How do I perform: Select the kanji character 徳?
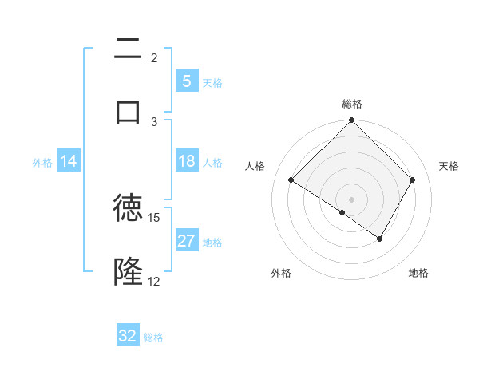pyautogui.click(x=128, y=207)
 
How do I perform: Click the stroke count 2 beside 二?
pyautogui.click(x=154, y=57)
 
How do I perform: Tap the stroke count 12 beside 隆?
pyautogui.click(x=154, y=282)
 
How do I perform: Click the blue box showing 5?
pyautogui.click(x=186, y=81)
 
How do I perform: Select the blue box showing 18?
pyautogui.click(x=186, y=161)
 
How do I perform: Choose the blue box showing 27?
pyautogui.click(x=186, y=241)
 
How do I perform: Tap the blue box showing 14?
pyautogui.click(x=69, y=162)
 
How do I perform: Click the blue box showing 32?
pyautogui.click(x=128, y=336)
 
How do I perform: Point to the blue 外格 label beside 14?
pyautogui.click(x=42, y=163)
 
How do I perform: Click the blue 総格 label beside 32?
pyautogui.click(x=153, y=337)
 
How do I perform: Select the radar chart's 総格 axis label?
pyautogui.click(x=352, y=104)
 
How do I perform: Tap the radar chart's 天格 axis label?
pyautogui.click(x=449, y=166)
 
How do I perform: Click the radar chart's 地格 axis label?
pyautogui.click(x=418, y=273)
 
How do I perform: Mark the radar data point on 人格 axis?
pyautogui.click(x=291, y=180)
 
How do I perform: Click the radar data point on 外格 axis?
pyautogui.click(x=342, y=212)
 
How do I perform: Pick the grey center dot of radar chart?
pyautogui.click(x=352, y=199)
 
